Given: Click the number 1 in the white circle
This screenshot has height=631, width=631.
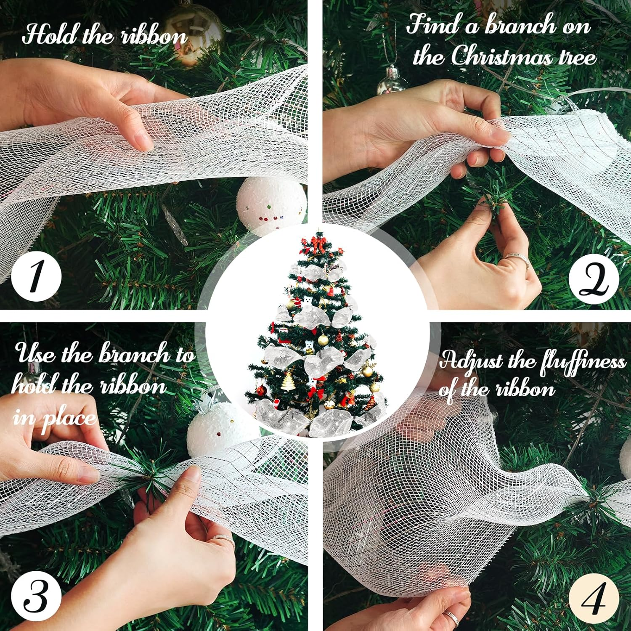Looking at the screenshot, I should coord(36,276).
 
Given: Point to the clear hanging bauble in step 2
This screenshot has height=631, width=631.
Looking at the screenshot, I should coord(392,82).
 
